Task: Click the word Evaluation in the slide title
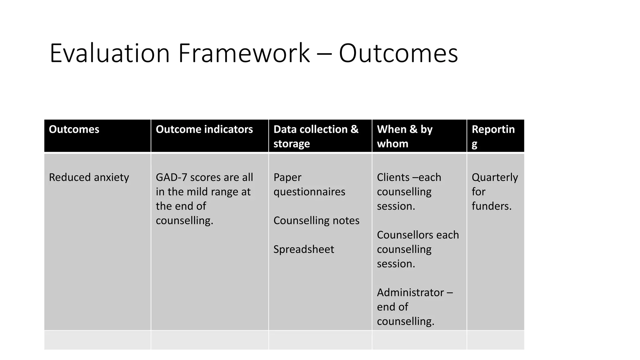(110, 53)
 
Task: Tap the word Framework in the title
(244, 53)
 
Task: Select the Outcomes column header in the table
(74, 129)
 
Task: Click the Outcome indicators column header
(204, 129)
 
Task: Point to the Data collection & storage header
(316, 136)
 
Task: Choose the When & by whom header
(404, 136)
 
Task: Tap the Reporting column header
(493, 136)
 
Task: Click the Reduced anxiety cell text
(89, 177)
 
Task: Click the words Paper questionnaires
(309, 184)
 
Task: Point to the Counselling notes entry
(316, 221)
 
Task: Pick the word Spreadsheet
(303, 249)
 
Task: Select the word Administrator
(411, 292)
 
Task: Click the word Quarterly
(495, 177)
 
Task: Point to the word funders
(491, 206)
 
